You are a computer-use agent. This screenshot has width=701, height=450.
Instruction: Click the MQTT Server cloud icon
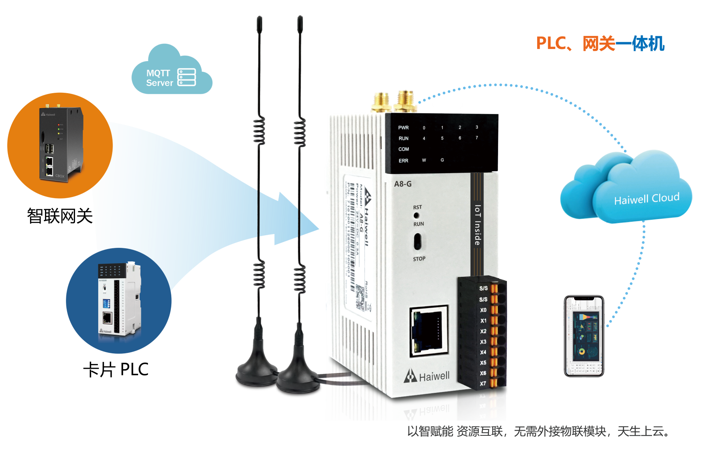click(171, 73)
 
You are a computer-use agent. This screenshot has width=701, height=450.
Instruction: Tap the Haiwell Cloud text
click(647, 199)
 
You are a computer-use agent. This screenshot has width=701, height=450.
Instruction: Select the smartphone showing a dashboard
click(584, 336)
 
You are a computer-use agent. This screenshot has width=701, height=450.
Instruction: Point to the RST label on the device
click(417, 207)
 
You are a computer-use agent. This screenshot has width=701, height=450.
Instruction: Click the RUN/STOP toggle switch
click(418, 241)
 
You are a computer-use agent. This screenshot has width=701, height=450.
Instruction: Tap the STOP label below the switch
click(419, 259)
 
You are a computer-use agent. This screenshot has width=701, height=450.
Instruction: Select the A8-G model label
click(403, 184)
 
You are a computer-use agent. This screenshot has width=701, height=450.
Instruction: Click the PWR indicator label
click(403, 128)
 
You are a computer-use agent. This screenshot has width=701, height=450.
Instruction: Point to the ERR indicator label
click(403, 161)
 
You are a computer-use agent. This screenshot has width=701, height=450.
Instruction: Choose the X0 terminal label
click(483, 310)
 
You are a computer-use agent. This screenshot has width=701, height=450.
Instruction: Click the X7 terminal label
click(483, 384)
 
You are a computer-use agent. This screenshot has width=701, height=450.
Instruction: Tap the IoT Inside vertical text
click(478, 225)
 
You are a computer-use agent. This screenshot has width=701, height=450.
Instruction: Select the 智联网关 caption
click(60, 216)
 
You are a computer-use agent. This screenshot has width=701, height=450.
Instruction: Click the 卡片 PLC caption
click(116, 369)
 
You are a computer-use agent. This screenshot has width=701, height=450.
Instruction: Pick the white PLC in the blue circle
click(118, 300)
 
